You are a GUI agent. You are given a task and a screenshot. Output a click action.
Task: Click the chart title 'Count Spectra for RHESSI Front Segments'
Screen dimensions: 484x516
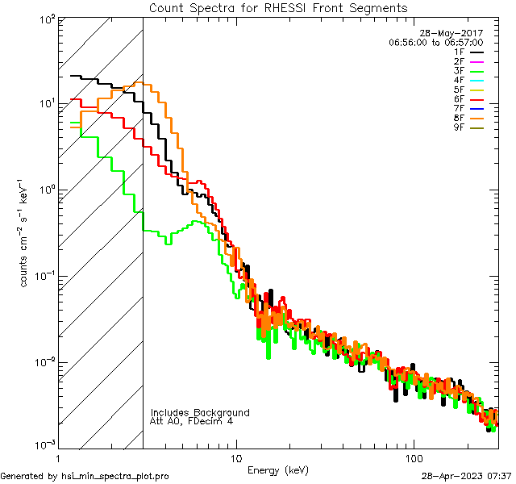(278, 8)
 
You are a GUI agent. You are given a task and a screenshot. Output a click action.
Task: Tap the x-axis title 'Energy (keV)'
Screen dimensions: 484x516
(278, 469)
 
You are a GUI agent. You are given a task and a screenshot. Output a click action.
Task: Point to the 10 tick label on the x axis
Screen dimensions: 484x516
(235, 457)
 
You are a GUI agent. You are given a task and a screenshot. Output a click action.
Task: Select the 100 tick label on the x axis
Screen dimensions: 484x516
(414, 457)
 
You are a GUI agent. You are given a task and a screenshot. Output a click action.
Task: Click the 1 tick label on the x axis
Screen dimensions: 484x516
(63, 457)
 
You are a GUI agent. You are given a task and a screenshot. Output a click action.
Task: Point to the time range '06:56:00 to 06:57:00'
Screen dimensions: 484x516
(435, 42)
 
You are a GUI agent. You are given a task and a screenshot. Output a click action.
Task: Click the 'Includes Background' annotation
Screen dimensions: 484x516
(200, 412)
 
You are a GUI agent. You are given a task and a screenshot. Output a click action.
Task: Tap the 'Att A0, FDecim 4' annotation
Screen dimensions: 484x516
(192, 421)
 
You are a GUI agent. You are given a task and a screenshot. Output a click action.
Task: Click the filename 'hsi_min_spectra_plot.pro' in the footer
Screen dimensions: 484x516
(114, 476)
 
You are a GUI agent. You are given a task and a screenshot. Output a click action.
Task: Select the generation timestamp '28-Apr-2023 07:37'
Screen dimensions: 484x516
(466, 476)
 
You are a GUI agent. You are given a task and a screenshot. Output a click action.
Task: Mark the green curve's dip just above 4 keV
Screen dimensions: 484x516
(168, 242)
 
